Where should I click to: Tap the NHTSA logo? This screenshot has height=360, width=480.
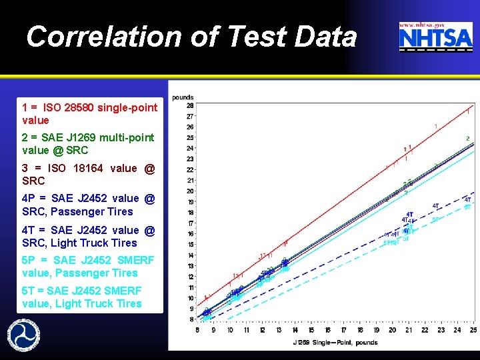(x=435, y=37)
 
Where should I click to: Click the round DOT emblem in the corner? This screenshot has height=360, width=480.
(x=23, y=333)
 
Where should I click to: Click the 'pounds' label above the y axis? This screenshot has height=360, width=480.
(x=183, y=97)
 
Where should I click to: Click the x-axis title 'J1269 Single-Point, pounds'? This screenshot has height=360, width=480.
(x=335, y=343)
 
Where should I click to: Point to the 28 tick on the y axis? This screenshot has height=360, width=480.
(x=190, y=105)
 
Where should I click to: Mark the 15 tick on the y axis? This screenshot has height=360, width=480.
(x=190, y=245)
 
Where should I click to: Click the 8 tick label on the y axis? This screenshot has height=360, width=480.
(x=191, y=319)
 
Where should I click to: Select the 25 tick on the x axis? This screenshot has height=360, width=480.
(x=473, y=330)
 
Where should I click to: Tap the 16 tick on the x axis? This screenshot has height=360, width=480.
(x=327, y=330)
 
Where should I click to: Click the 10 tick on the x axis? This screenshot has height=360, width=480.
(x=229, y=330)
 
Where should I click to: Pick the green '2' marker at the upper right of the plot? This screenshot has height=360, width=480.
(x=467, y=139)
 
